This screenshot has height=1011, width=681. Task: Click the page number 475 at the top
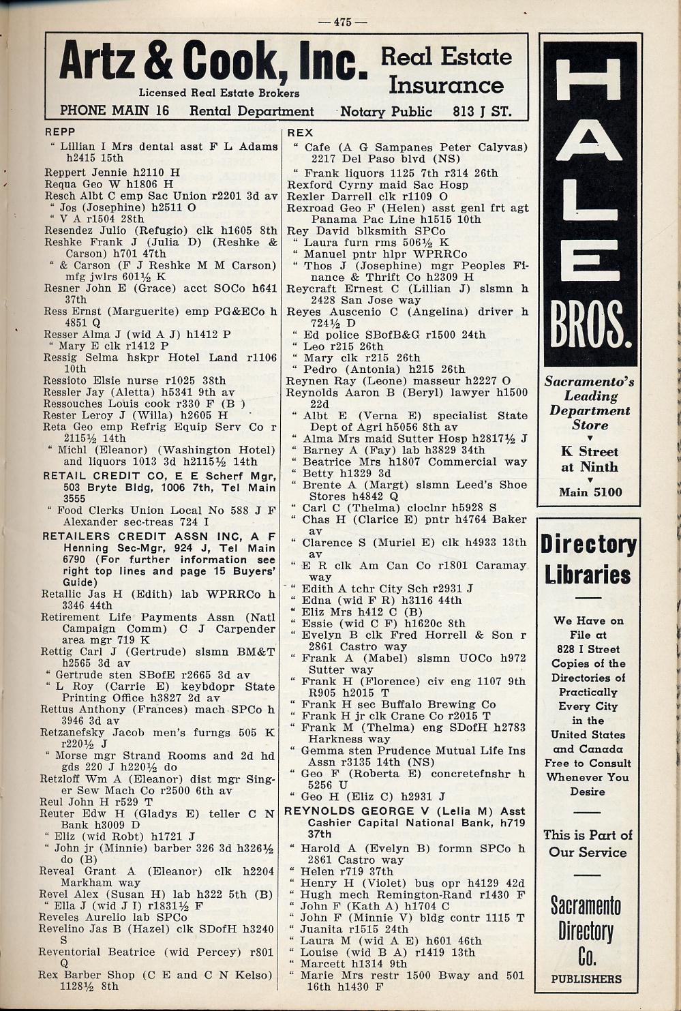tap(342, 22)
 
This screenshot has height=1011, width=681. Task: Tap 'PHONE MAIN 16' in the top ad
tap(114, 111)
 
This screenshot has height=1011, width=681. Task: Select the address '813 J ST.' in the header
tap(481, 111)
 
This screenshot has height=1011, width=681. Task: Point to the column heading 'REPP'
tap(60, 131)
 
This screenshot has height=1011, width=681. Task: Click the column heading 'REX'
tap(300, 132)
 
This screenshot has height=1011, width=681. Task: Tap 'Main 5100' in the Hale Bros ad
tap(590, 492)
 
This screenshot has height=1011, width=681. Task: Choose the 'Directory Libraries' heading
tap(588, 559)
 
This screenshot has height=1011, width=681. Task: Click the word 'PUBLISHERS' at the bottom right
tap(586, 979)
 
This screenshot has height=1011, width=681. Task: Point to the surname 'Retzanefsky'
tap(74, 733)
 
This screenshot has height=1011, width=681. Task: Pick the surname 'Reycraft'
tap(310, 288)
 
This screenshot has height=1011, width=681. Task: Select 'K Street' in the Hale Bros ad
tap(590, 451)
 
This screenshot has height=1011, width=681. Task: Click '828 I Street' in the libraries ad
tap(587, 649)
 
